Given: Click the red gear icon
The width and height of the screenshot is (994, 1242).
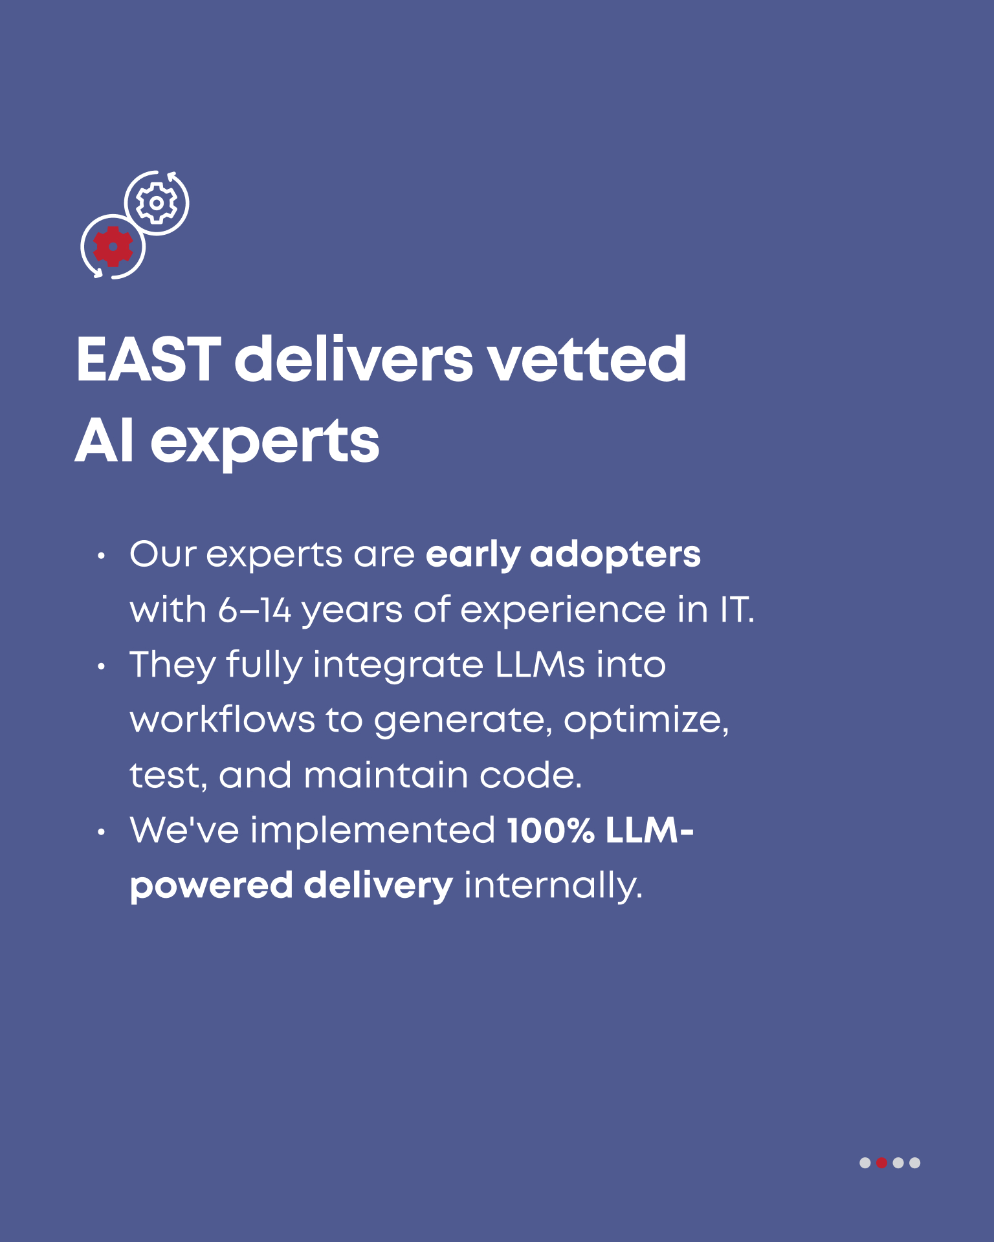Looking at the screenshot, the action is tap(113, 246).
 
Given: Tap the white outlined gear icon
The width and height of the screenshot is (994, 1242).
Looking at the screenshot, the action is tap(156, 203).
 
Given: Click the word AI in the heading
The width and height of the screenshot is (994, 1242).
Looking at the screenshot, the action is tap(105, 441).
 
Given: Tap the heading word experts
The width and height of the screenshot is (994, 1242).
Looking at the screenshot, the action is tap(265, 444).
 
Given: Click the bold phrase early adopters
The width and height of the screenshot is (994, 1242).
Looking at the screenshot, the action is tap(563, 556).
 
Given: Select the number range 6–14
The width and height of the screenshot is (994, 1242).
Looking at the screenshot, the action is tap(255, 610).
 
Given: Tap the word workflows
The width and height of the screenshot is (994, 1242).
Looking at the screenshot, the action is tap(223, 720).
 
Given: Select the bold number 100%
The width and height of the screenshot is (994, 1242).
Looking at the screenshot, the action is tap(551, 831).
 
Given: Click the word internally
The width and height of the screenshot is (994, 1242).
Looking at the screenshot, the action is tap(553, 886).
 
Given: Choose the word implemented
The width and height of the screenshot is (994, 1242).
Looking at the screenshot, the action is tap(373, 832).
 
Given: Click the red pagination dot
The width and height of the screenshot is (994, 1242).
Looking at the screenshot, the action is tap(881, 1163).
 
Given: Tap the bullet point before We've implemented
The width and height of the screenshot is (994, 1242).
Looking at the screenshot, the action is tap(100, 832).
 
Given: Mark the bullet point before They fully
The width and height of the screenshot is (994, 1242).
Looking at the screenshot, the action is tap(100, 666).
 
